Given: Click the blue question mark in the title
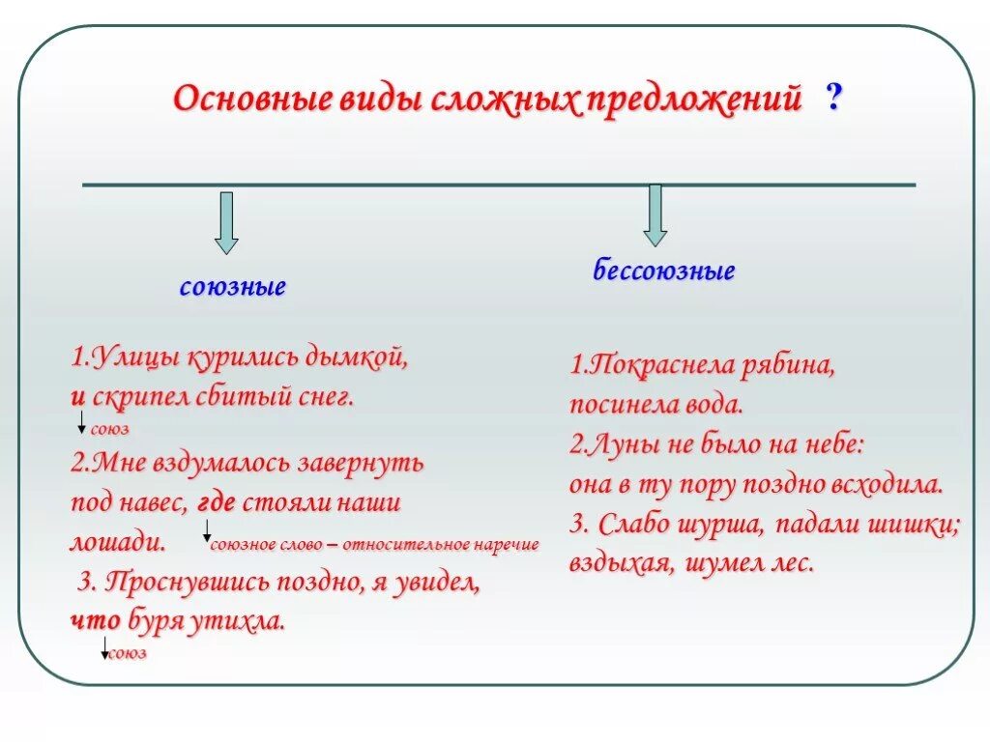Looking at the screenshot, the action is (x=833, y=100).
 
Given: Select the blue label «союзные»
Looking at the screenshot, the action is (x=233, y=288).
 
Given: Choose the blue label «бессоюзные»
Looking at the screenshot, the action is (x=664, y=271).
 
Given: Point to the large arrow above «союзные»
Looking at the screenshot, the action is (x=225, y=222).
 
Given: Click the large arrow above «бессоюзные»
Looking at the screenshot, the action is (x=655, y=214).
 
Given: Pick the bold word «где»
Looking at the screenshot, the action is (x=217, y=503).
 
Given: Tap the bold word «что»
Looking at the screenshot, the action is (x=95, y=621).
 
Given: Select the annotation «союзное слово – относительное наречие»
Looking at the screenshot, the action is (x=374, y=545).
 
